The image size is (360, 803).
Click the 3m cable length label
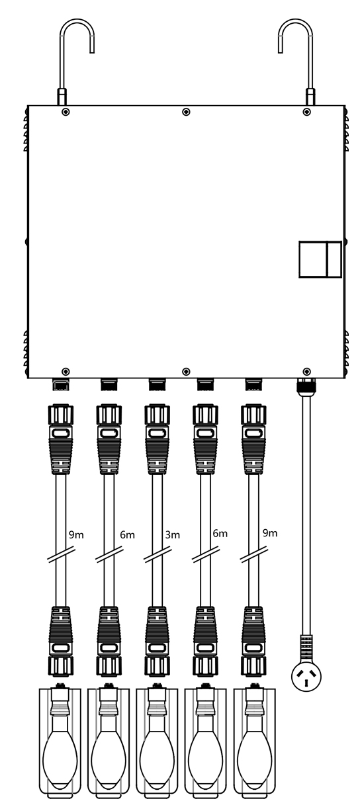[x=173, y=535]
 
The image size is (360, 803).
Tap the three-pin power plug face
[x=306, y=677]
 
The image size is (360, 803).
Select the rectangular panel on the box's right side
[x=320, y=259]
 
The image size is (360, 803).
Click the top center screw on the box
[x=186, y=112]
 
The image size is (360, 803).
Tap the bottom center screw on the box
[x=186, y=371]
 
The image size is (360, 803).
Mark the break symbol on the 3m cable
[x=157, y=554]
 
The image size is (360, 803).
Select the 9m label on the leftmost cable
[x=76, y=535]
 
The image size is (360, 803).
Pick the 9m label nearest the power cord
[x=269, y=533]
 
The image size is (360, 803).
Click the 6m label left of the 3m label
[x=127, y=535]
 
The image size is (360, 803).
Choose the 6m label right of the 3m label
[x=220, y=533]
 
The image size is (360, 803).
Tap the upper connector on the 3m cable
[x=157, y=439]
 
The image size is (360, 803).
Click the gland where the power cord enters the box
[x=306, y=386]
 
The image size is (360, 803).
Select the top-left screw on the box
[x=66, y=112]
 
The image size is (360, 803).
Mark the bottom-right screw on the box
[x=306, y=371]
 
